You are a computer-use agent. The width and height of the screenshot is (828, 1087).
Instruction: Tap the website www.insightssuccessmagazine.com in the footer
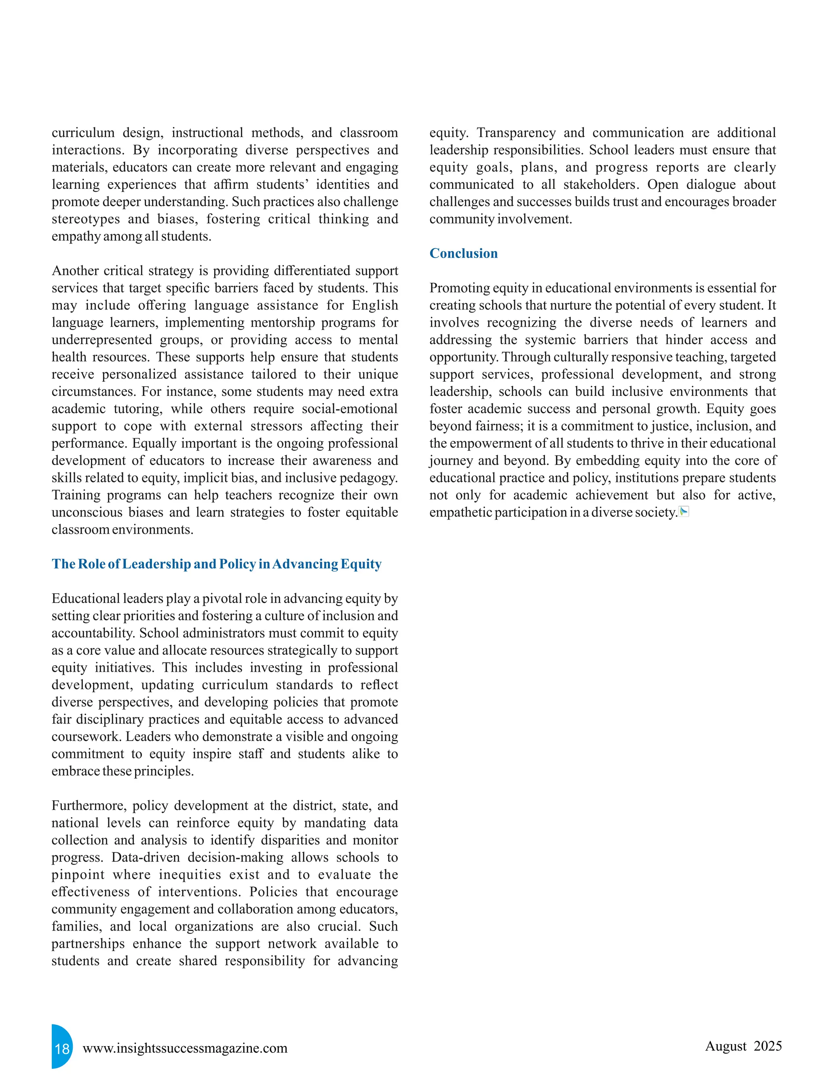[x=185, y=1047]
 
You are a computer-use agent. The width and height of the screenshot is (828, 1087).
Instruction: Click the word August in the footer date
[x=725, y=1046]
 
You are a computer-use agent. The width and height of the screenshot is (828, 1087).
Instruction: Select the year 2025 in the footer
[x=767, y=1046]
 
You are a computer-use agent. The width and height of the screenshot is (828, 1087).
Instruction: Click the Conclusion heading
[x=463, y=254]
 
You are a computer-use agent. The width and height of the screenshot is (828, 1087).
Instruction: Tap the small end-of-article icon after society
[x=684, y=512]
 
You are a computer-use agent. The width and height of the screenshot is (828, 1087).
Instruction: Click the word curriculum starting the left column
[x=83, y=133]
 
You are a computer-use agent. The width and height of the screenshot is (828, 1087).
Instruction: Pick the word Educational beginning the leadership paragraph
[x=85, y=598]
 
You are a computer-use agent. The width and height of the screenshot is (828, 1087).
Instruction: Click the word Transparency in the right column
[x=516, y=133]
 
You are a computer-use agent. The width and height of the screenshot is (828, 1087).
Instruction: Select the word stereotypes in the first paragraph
[x=86, y=219]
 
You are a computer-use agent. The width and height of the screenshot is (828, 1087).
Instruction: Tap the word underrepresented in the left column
[x=101, y=340]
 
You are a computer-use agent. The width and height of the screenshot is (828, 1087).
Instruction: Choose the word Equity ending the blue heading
[x=361, y=564]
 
